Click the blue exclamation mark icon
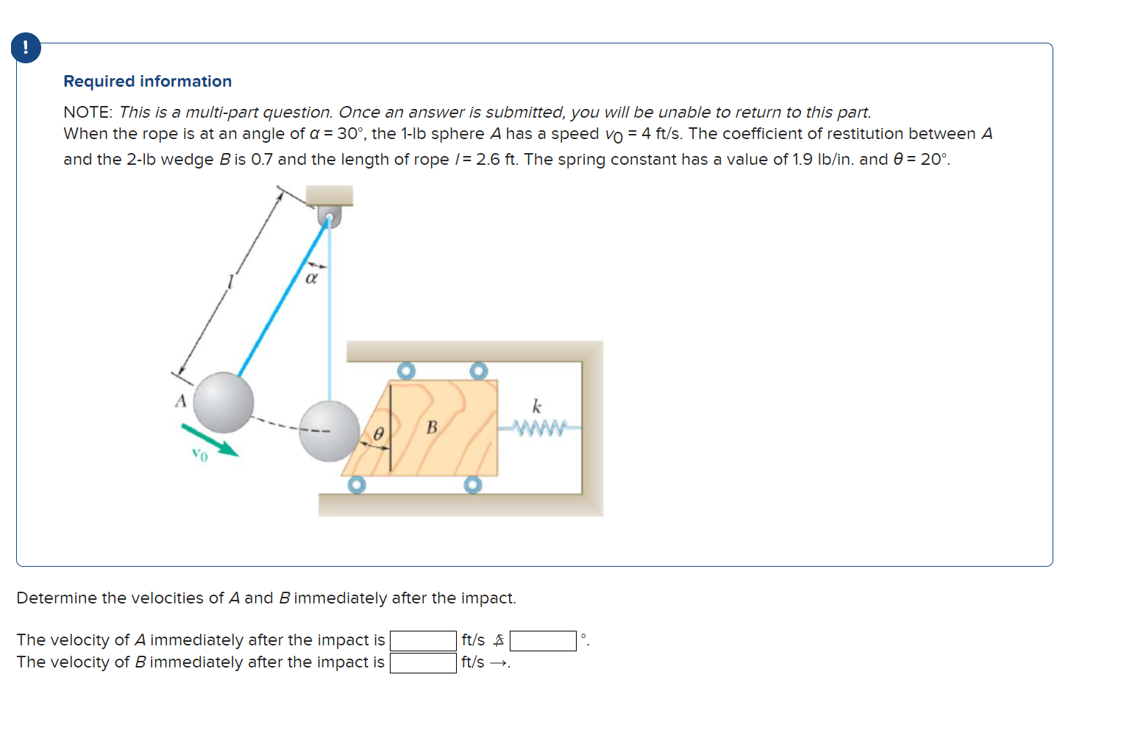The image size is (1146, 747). tap(26, 49)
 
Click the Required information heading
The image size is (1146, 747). tap(147, 81)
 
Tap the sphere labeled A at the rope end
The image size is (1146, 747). tap(224, 403)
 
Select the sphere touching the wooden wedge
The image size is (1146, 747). tap(329, 431)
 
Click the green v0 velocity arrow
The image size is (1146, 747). tap(210, 439)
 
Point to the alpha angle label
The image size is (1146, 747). tap(311, 278)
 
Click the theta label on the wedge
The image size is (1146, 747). tap(378, 434)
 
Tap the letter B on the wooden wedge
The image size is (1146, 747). tap(432, 427)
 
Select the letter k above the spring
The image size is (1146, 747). tap(536, 406)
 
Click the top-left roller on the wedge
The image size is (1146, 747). tap(406, 370)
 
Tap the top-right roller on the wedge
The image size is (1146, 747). tap(479, 370)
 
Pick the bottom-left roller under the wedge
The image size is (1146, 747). tap(357, 485)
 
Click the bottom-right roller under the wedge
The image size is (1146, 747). tap(473, 485)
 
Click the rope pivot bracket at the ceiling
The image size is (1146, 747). tap(329, 216)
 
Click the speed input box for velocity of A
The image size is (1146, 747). tap(423, 641)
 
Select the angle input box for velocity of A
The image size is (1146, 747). tap(543, 641)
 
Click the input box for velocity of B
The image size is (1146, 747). tap(423, 663)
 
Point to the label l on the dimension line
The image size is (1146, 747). tap(230, 281)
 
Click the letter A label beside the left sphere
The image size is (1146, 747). tap(180, 401)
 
